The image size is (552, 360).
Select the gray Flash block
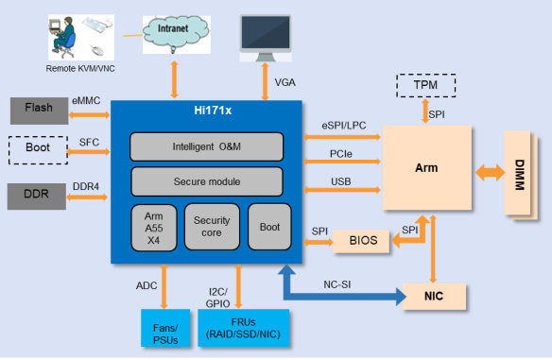point(39,111)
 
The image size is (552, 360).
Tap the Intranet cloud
point(176,33)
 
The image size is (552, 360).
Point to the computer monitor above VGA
point(266,38)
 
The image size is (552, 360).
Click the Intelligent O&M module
point(207,146)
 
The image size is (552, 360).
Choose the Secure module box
point(207,181)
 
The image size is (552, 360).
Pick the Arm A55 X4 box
point(154,228)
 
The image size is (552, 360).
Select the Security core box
point(212,227)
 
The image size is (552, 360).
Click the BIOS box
point(361,241)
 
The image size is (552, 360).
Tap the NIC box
point(434,297)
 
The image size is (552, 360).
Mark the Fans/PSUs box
point(165,328)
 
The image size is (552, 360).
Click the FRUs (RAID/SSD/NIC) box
point(244,328)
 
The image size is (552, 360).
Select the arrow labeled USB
point(342,190)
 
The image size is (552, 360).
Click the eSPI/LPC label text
point(344,126)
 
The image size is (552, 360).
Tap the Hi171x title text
point(213,111)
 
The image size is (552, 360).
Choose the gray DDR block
point(37,197)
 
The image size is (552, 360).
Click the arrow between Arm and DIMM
point(490,173)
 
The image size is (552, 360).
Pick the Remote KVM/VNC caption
point(80,69)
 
